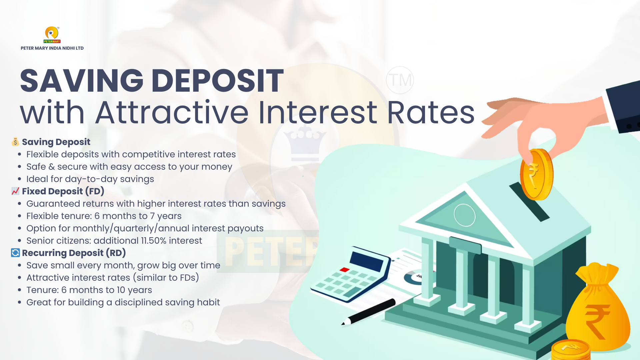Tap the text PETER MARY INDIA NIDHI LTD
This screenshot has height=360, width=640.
tap(52, 48)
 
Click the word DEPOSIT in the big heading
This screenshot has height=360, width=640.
tap(217, 81)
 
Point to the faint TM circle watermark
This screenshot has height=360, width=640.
tap(400, 80)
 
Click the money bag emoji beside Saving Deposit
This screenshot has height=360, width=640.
tap(15, 142)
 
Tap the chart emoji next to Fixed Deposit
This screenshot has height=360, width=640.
tap(15, 191)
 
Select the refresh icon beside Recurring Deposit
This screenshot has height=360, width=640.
tap(15, 253)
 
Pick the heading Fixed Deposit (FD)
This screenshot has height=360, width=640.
tap(63, 191)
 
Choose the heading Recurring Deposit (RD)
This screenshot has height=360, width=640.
tap(74, 253)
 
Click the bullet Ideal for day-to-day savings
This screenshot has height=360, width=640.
tap(90, 179)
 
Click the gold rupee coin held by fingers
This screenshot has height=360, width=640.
tap(536, 174)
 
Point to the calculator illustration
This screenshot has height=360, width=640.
tap(350, 274)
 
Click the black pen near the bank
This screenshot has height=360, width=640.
tap(368, 312)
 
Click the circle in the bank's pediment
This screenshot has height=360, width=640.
tap(465, 215)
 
